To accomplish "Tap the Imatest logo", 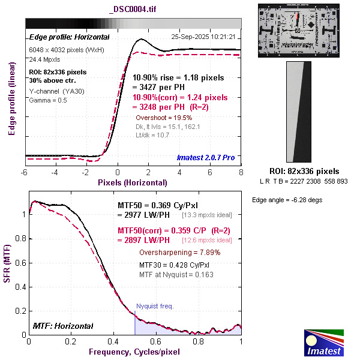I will (325, 342).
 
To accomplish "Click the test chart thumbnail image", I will (298, 30).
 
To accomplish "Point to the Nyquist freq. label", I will (155, 306).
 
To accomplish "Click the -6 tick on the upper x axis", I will (25, 173).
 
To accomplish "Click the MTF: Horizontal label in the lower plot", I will (62, 326).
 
